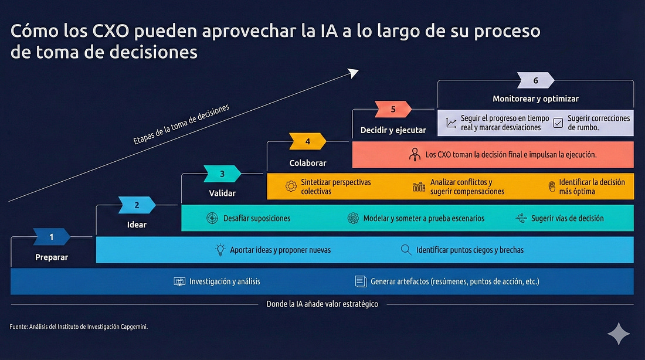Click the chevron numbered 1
52,237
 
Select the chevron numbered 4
307,141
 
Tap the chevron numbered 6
535,80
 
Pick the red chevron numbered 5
393,109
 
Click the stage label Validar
222,192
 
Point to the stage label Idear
137,225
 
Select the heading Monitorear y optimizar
535,99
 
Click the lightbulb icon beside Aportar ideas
220,250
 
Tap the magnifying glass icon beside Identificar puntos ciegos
406,250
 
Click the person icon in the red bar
415,155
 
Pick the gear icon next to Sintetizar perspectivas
291,186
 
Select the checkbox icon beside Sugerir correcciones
558,123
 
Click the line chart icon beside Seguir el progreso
451,123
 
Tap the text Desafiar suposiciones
257,218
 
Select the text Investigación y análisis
225,281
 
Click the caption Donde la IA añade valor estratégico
322,304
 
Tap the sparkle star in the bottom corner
619,334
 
